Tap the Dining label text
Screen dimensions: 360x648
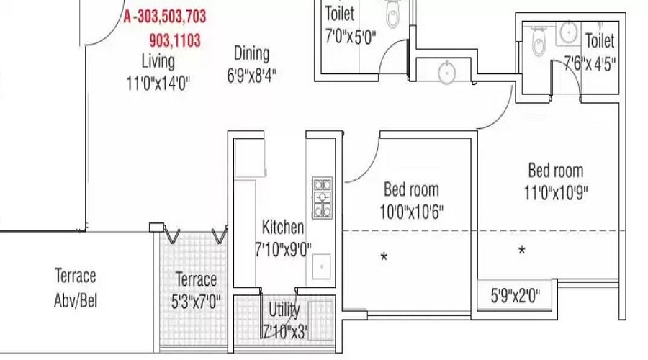(251, 53)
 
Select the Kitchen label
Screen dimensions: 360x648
(282, 228)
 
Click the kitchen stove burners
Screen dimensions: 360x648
(322, 197)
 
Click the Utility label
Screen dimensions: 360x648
(284, 310)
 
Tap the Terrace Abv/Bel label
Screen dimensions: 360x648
(75, 288)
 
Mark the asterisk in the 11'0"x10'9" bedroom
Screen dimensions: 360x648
(522, 251)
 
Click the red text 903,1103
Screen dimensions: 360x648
(175, 40)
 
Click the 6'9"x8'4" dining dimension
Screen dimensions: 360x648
(251, 74)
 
